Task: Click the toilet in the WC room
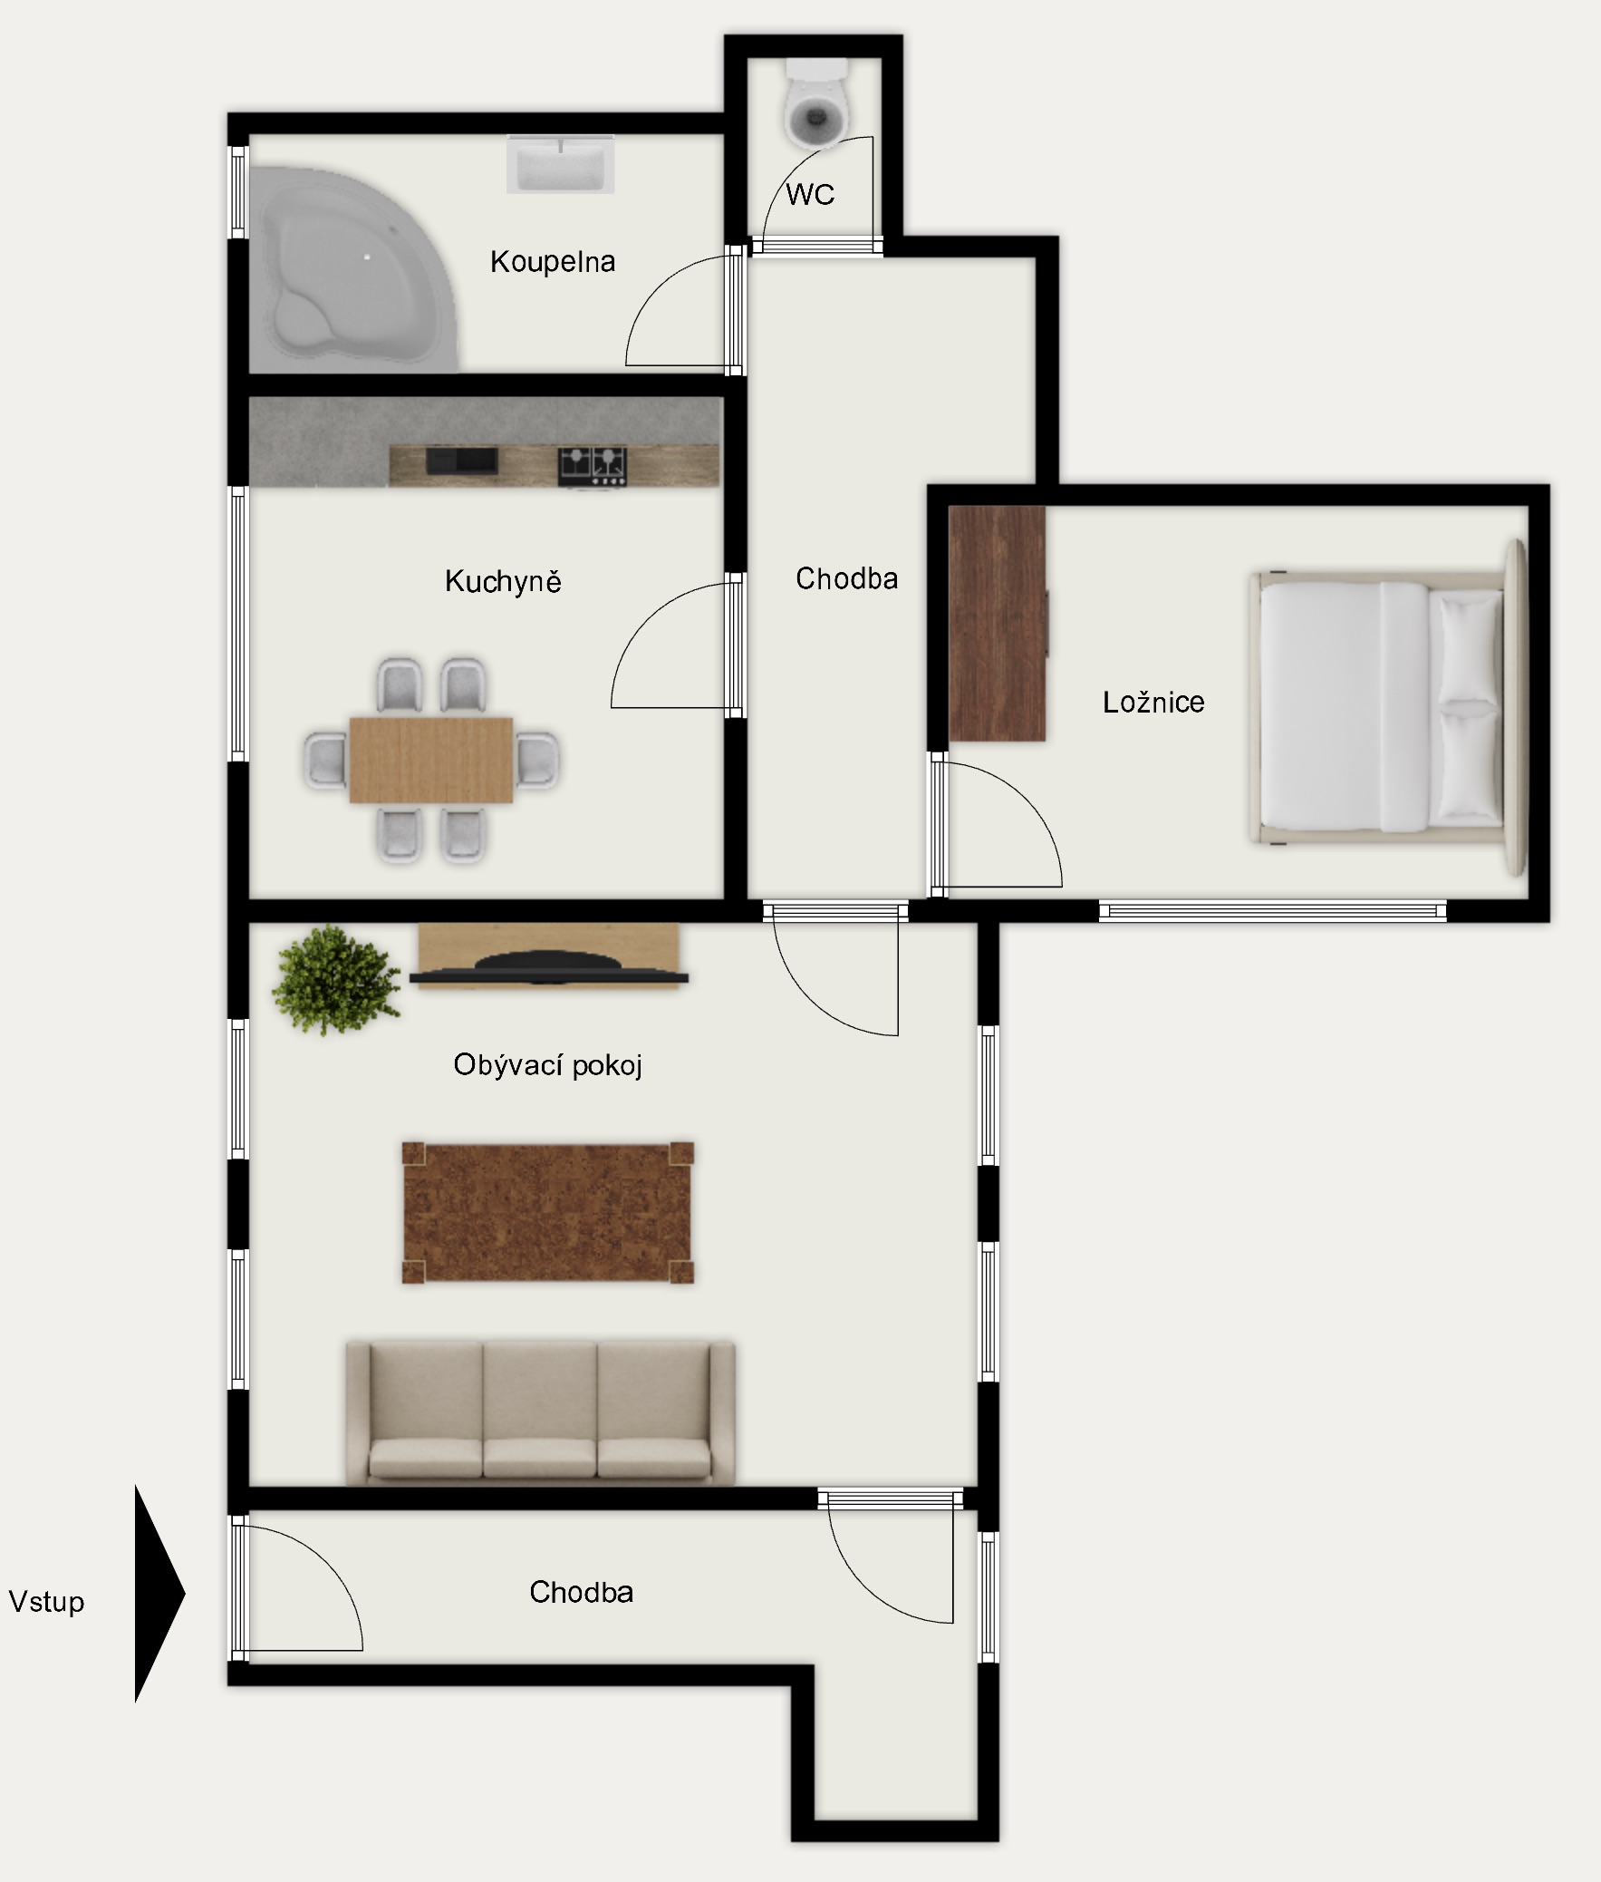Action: tap(817, 103)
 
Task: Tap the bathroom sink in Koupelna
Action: tap(560, 164)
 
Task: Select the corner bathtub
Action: tap(354, 269)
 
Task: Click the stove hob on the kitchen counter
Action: tap(593, 465)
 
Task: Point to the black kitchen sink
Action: tap(462, 461)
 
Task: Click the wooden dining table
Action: tap(431, 760)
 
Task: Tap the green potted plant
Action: tap(337, 981)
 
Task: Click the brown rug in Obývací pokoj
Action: tap(548, 1212)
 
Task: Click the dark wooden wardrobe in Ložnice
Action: tap(998, 624)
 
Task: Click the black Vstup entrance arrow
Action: tap(159, 1594)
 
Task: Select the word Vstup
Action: tap(46, 1602)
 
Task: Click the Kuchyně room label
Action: tap(503, 581)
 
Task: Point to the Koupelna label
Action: tap(553, 262)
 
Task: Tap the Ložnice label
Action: tap(1153, 702)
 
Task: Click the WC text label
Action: tap(810, 194)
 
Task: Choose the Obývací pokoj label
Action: tap(548, 1065)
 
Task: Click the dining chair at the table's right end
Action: tap(537, 760)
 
